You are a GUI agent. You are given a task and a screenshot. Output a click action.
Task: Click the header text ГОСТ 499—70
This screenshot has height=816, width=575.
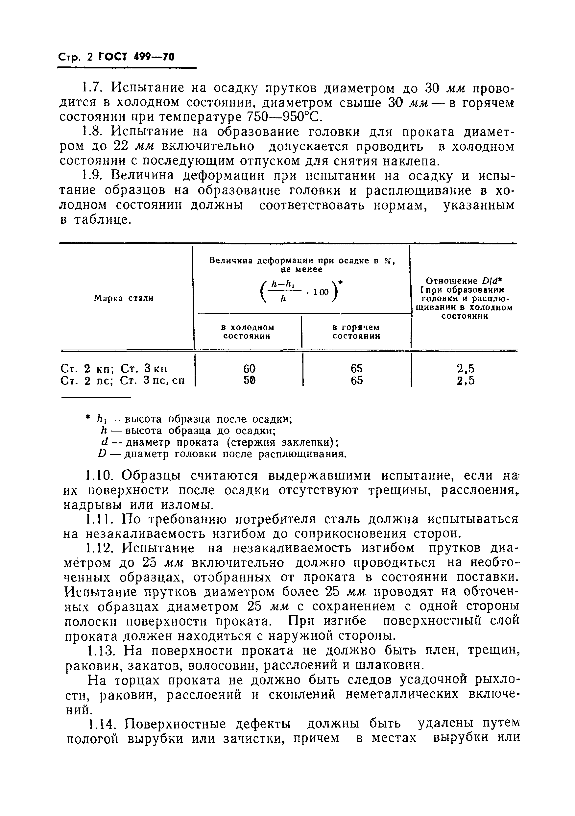(137, 57)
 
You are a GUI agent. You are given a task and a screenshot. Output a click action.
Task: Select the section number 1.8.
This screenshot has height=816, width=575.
(93, 132)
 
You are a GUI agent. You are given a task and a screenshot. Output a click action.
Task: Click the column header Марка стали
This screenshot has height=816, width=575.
(124, 298)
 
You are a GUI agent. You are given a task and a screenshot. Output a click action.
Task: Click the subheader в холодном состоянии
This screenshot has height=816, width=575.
(247, 331)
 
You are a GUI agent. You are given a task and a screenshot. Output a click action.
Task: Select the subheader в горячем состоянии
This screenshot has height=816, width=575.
(356, 331)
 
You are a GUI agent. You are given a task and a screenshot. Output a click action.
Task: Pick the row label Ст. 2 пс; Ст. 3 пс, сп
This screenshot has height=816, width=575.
(123, 381)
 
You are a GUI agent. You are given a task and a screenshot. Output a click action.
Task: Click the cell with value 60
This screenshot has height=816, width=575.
(249, 368)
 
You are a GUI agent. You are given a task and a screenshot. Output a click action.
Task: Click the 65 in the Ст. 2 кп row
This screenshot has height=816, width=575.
(356, 368)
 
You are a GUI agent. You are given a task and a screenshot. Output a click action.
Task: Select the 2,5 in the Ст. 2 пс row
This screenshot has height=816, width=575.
(466, 381)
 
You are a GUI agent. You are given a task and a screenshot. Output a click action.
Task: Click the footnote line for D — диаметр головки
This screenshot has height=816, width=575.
(222, 454)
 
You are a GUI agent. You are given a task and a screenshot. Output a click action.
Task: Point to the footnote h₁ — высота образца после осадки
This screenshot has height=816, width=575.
(194, 419)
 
